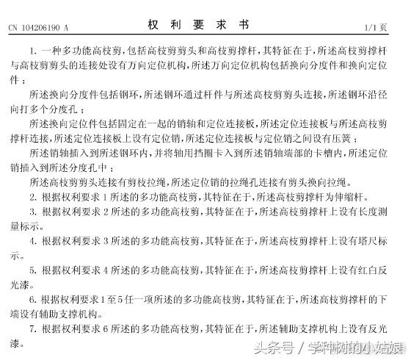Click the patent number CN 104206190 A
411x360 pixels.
pos(37,28)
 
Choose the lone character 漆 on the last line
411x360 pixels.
pos(14,342)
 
